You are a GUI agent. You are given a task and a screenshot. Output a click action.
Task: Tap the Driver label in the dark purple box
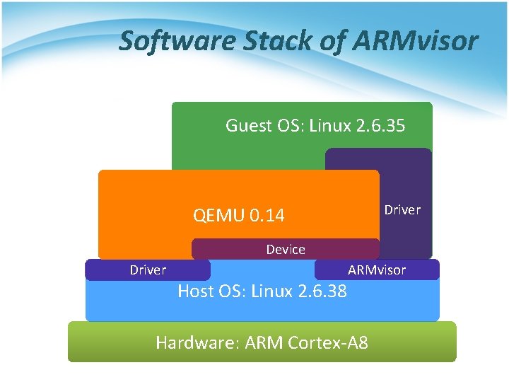click(x=402, y=210)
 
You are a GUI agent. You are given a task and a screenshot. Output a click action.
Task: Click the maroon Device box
click(x=286, y=249)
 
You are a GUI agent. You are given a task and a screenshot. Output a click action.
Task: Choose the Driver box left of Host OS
click(x=148, y=270)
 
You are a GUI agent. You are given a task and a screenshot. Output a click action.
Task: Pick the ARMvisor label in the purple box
click(x=377, y=270)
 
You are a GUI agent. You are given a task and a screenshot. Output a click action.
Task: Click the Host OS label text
click(x=211, y=291)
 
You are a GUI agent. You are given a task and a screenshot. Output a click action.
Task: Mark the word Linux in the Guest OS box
click(x=331, y=126)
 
